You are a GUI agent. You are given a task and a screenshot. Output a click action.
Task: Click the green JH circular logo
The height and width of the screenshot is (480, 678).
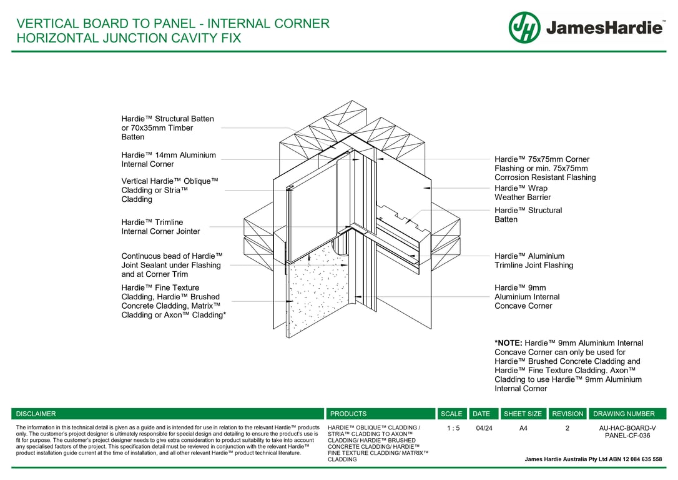[524, 27]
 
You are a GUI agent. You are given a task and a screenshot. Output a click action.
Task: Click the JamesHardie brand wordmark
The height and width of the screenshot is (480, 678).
[604, 28]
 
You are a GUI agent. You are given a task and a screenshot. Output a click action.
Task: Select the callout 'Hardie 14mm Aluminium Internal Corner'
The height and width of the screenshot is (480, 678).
[169, 160]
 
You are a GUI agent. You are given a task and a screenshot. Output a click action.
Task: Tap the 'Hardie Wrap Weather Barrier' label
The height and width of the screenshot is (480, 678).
[523, 192]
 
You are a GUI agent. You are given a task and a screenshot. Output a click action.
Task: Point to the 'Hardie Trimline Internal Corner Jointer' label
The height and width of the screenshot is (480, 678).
[160, 227]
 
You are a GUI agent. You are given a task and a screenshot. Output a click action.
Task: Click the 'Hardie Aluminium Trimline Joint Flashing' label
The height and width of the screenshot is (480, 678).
[534, 261]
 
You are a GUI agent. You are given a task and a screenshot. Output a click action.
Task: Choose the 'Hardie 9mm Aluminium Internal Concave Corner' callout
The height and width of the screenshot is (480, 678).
[527, 296]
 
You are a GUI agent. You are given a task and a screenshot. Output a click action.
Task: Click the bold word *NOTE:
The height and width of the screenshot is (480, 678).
[508, 342]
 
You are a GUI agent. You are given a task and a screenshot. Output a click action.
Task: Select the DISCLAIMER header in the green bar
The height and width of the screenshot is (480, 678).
[36, 414]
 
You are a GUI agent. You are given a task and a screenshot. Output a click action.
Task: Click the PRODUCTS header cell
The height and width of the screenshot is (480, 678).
[348, 414]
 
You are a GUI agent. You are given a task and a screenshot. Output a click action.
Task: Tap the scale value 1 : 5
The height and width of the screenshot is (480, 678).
[453, 428]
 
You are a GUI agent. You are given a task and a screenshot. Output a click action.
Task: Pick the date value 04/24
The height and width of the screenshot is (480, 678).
[484, 428]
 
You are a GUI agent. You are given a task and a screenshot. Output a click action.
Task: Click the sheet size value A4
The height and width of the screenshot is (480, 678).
[523, 428]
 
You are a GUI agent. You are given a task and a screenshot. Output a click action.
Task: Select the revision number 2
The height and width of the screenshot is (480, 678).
[567, 428]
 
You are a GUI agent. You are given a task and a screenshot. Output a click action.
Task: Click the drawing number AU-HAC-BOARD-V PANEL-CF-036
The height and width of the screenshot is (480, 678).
[627, 431]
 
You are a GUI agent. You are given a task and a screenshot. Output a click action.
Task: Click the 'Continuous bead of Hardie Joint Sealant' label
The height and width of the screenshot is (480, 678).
[172, 265]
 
